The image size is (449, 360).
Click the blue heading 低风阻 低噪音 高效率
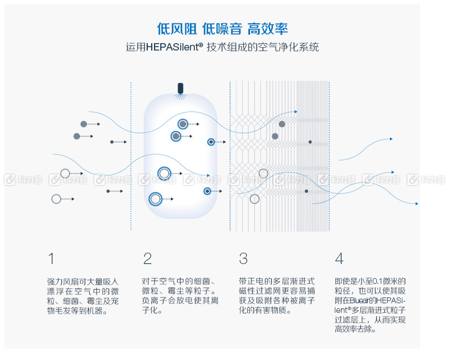222,29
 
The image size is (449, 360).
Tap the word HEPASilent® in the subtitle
174,47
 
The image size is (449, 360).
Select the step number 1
51,258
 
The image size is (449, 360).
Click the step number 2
147,258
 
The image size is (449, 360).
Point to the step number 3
243,258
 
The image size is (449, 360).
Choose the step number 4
339,258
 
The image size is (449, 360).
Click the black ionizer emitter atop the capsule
180,88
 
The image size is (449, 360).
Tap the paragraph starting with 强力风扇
83,296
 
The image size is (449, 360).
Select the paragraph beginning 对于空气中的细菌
180,296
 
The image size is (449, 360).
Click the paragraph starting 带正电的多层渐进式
277,296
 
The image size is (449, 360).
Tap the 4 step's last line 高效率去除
355,329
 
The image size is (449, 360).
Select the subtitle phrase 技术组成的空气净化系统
263,47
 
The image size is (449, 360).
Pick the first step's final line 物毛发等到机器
77,311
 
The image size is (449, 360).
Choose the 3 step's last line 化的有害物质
265,310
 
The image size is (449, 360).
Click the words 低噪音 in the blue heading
222,29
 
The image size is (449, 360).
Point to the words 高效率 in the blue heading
268,29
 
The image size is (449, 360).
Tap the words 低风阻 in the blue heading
176,29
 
